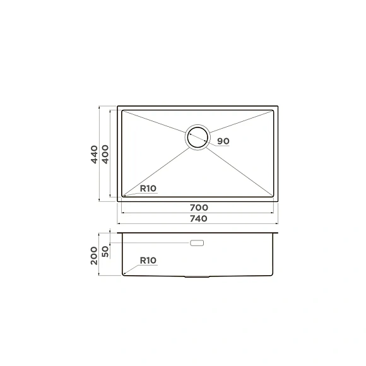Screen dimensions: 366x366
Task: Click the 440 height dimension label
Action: [x=94, y=155]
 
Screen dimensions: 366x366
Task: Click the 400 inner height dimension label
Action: [x=105, y=155]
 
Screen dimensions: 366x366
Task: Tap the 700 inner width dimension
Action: [x=199, y=207]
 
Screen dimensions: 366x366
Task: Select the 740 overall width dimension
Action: [x=198, y=218]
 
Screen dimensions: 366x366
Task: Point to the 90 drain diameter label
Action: [x=223, y=141]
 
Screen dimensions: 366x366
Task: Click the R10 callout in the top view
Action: [x=148, y=189]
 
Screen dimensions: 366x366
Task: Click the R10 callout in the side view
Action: [x=148, y=260]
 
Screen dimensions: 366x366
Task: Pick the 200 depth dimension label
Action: [x=94, y=256]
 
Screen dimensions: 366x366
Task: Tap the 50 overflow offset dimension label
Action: [x=105, y=251]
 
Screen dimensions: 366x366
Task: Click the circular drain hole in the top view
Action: [x=198, y=127]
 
